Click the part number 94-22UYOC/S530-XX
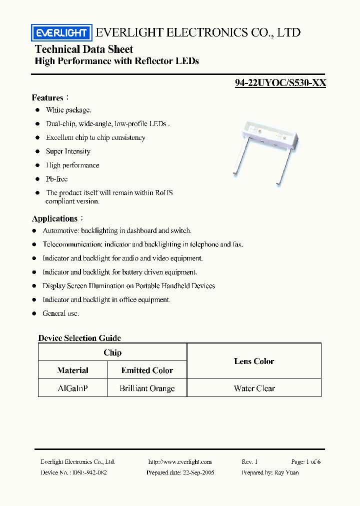click(x=280, y=83)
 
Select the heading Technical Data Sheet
click(x=84, y=49)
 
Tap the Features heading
click(x=47, y=97)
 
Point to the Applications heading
click(x=54, y=218)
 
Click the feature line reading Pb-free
click(x=56, y=178)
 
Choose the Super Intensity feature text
click(x=68, y=151)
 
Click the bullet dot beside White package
click(x=37, y=110)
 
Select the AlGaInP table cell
click(x=72, y=388)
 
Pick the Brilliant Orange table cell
click(x=147, y=388)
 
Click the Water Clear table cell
click(x=254, y=388)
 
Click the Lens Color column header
click(x=254, y=361)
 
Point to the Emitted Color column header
click(x=147, y=370)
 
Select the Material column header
click(x=72, y=370)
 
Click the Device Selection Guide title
click(x=79, y=338)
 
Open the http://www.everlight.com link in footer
click(x=180, y=462)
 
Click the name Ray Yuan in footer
click(x=287, y=472)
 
